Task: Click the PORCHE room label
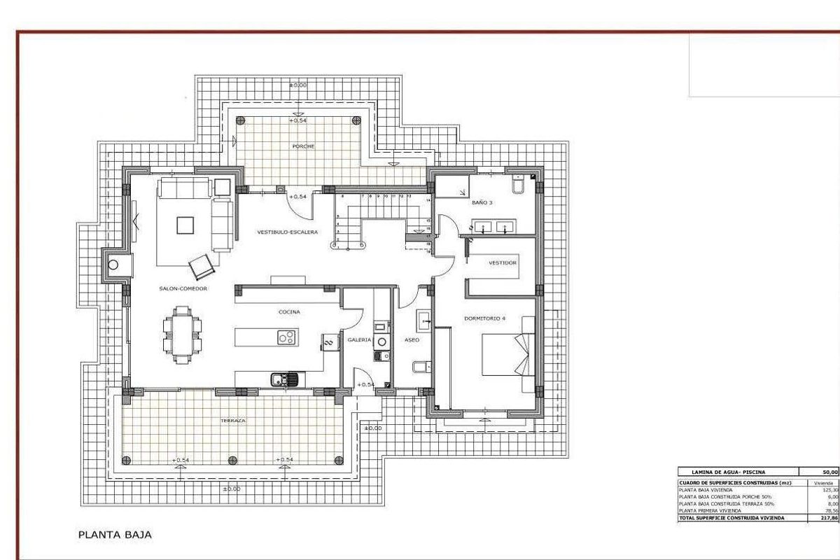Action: pos(304,146)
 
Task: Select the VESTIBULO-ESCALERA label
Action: pos(288,232)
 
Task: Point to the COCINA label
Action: pos(289,312)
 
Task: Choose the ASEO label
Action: pos(412,339)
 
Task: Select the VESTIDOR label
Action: pos(503,263)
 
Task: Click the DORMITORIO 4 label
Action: pos(484,318)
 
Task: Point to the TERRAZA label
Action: pos(231,421)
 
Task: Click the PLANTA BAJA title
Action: pos(114,535)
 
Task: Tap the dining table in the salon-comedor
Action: pos(182,335)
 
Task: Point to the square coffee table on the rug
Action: pos(185,225)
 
